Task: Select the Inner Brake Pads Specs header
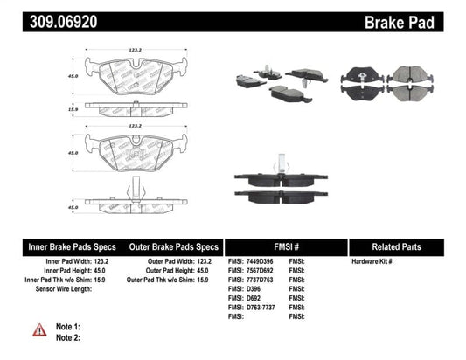click(x=63, y=246)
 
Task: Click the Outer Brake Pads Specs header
click(x=174, y=246)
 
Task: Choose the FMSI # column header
click(x=285, y=246)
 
